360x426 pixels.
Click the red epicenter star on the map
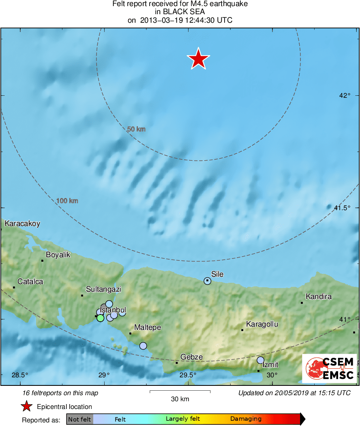pyautogui.click(x=198, y=59)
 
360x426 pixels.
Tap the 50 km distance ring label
pyautogui.click(x=136, y=129)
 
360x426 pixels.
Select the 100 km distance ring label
pyautogui.click(x=67, y=201)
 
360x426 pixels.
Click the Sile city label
pyautogui.click(x=217, y=274)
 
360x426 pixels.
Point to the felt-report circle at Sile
pyautogui.click(x=208, y=281)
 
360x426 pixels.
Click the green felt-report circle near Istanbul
pyautogui.click(x=100, y=318)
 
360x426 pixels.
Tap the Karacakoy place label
pyautogui.click(x=22, y=224)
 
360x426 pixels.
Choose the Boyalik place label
pyautogui.click(x=58, y=255)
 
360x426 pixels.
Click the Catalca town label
pyautogui.click(x=30, y=282)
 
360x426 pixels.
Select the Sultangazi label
pyautogui.click(x=104, y=290)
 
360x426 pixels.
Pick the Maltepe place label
pyautogui.click(x=148, y=327)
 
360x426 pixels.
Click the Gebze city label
pyautogui.click(x=191, y=357)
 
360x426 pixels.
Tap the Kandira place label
pyautogui.click(x=319, y=297)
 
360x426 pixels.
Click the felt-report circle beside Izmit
pyautogui.click(x=260, y=360)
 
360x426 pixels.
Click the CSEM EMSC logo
pyautogui.click(x=330, y=368)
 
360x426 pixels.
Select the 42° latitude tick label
pyautogui.click(x=345, y=95)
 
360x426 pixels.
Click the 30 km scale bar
pyautogui.click(x=180, y=392)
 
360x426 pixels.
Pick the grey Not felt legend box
pyautogui.click(x=79, y=419)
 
